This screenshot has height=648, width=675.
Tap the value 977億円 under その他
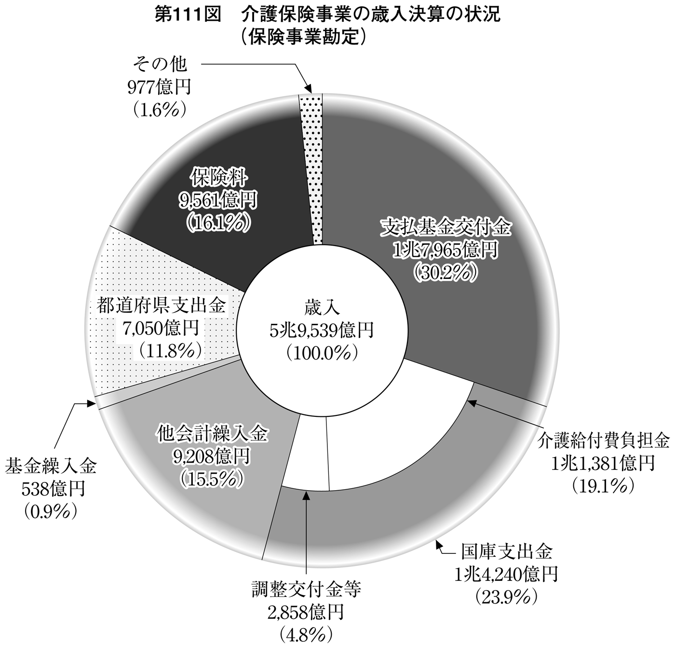coord(159,87)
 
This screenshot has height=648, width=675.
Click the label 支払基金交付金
coord(445,228)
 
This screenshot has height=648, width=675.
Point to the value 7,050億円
coord(160,328)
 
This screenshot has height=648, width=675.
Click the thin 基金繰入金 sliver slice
coord(166,383)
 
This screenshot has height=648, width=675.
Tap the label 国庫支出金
coord(506,552)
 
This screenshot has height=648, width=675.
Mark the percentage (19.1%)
coord(603,485)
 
